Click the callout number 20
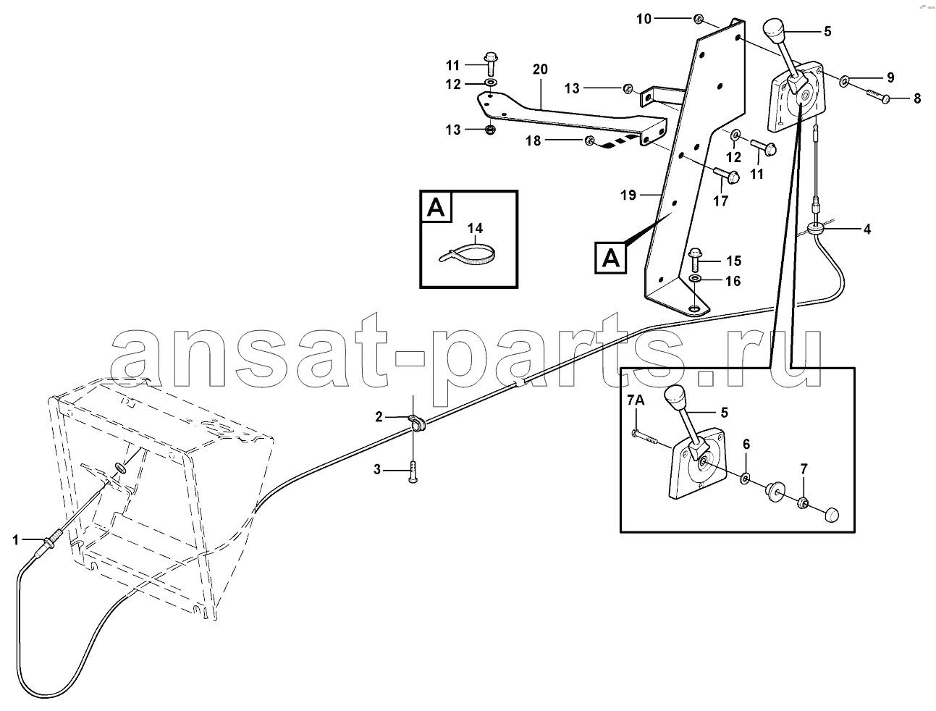pos(540,69)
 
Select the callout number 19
pos(628,195)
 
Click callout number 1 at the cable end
pos(16,540)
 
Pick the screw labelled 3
pos(413,472)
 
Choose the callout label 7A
pos(636,400)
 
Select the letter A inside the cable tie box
pos(435,208)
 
